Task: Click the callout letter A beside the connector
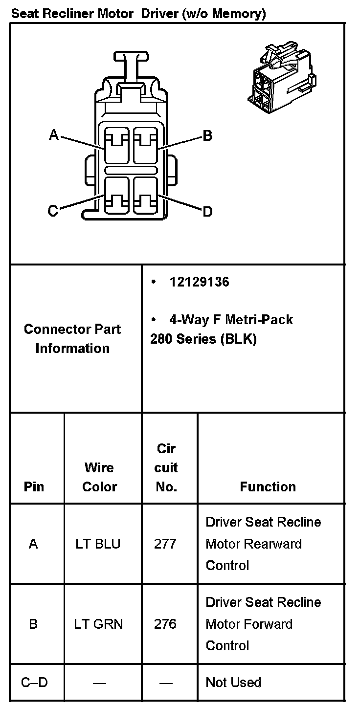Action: coord(54,135)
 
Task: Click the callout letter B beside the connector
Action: coord(207,135)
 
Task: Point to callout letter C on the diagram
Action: coord(53,211)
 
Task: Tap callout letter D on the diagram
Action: coord(207,211)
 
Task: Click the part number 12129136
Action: coord(199,282)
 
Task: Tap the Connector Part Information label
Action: coord(72,338)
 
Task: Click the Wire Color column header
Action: coord(99,477)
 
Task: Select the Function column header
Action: coord(268,486)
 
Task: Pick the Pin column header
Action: coord(33,486)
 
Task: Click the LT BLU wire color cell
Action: coord(98,544)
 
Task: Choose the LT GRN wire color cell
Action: coord(98,624)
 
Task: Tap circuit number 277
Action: coord(165,544)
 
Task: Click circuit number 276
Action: coord(165,624)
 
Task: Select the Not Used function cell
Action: coord(233,682)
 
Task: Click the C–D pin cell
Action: coord(34,682)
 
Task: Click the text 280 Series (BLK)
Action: coord(203,339)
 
